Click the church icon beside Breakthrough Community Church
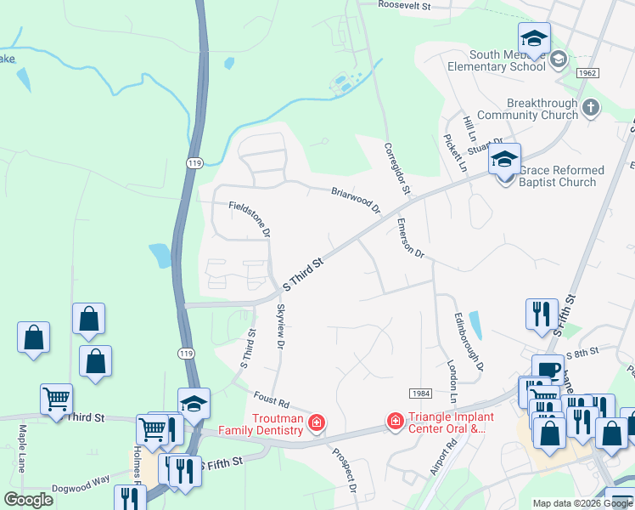pos(591,108)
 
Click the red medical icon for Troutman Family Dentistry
pos(316,422)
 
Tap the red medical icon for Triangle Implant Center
pos(395,421)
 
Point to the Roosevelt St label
pos(406,6)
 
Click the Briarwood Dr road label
pos(356,201)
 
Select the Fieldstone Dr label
pos(250,218)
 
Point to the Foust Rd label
pos(272,399)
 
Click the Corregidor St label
pos(396,167)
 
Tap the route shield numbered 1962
pos(587,73)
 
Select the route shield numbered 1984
pos(420,393)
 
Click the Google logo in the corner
pos(29,500)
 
